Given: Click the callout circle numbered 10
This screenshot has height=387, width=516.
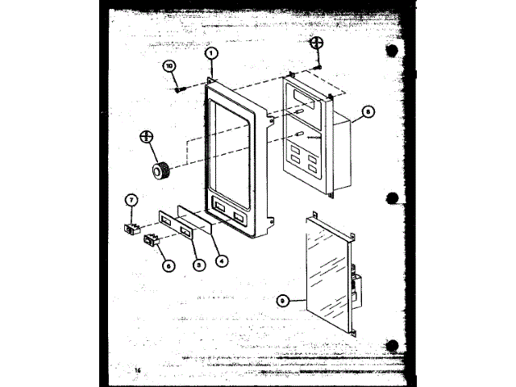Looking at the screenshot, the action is pos(170,65).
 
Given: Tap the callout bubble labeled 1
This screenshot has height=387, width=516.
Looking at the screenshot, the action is pos(210,53).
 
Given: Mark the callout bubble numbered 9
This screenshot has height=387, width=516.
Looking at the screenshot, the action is pos(281,302).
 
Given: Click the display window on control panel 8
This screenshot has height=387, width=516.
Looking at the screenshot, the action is pos(305,98).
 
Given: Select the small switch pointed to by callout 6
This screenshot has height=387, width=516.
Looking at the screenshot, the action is pos(151,239).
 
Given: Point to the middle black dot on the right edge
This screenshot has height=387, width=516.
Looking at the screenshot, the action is pos(392,198).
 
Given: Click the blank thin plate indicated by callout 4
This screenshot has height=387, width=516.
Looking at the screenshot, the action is pos(196,219).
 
